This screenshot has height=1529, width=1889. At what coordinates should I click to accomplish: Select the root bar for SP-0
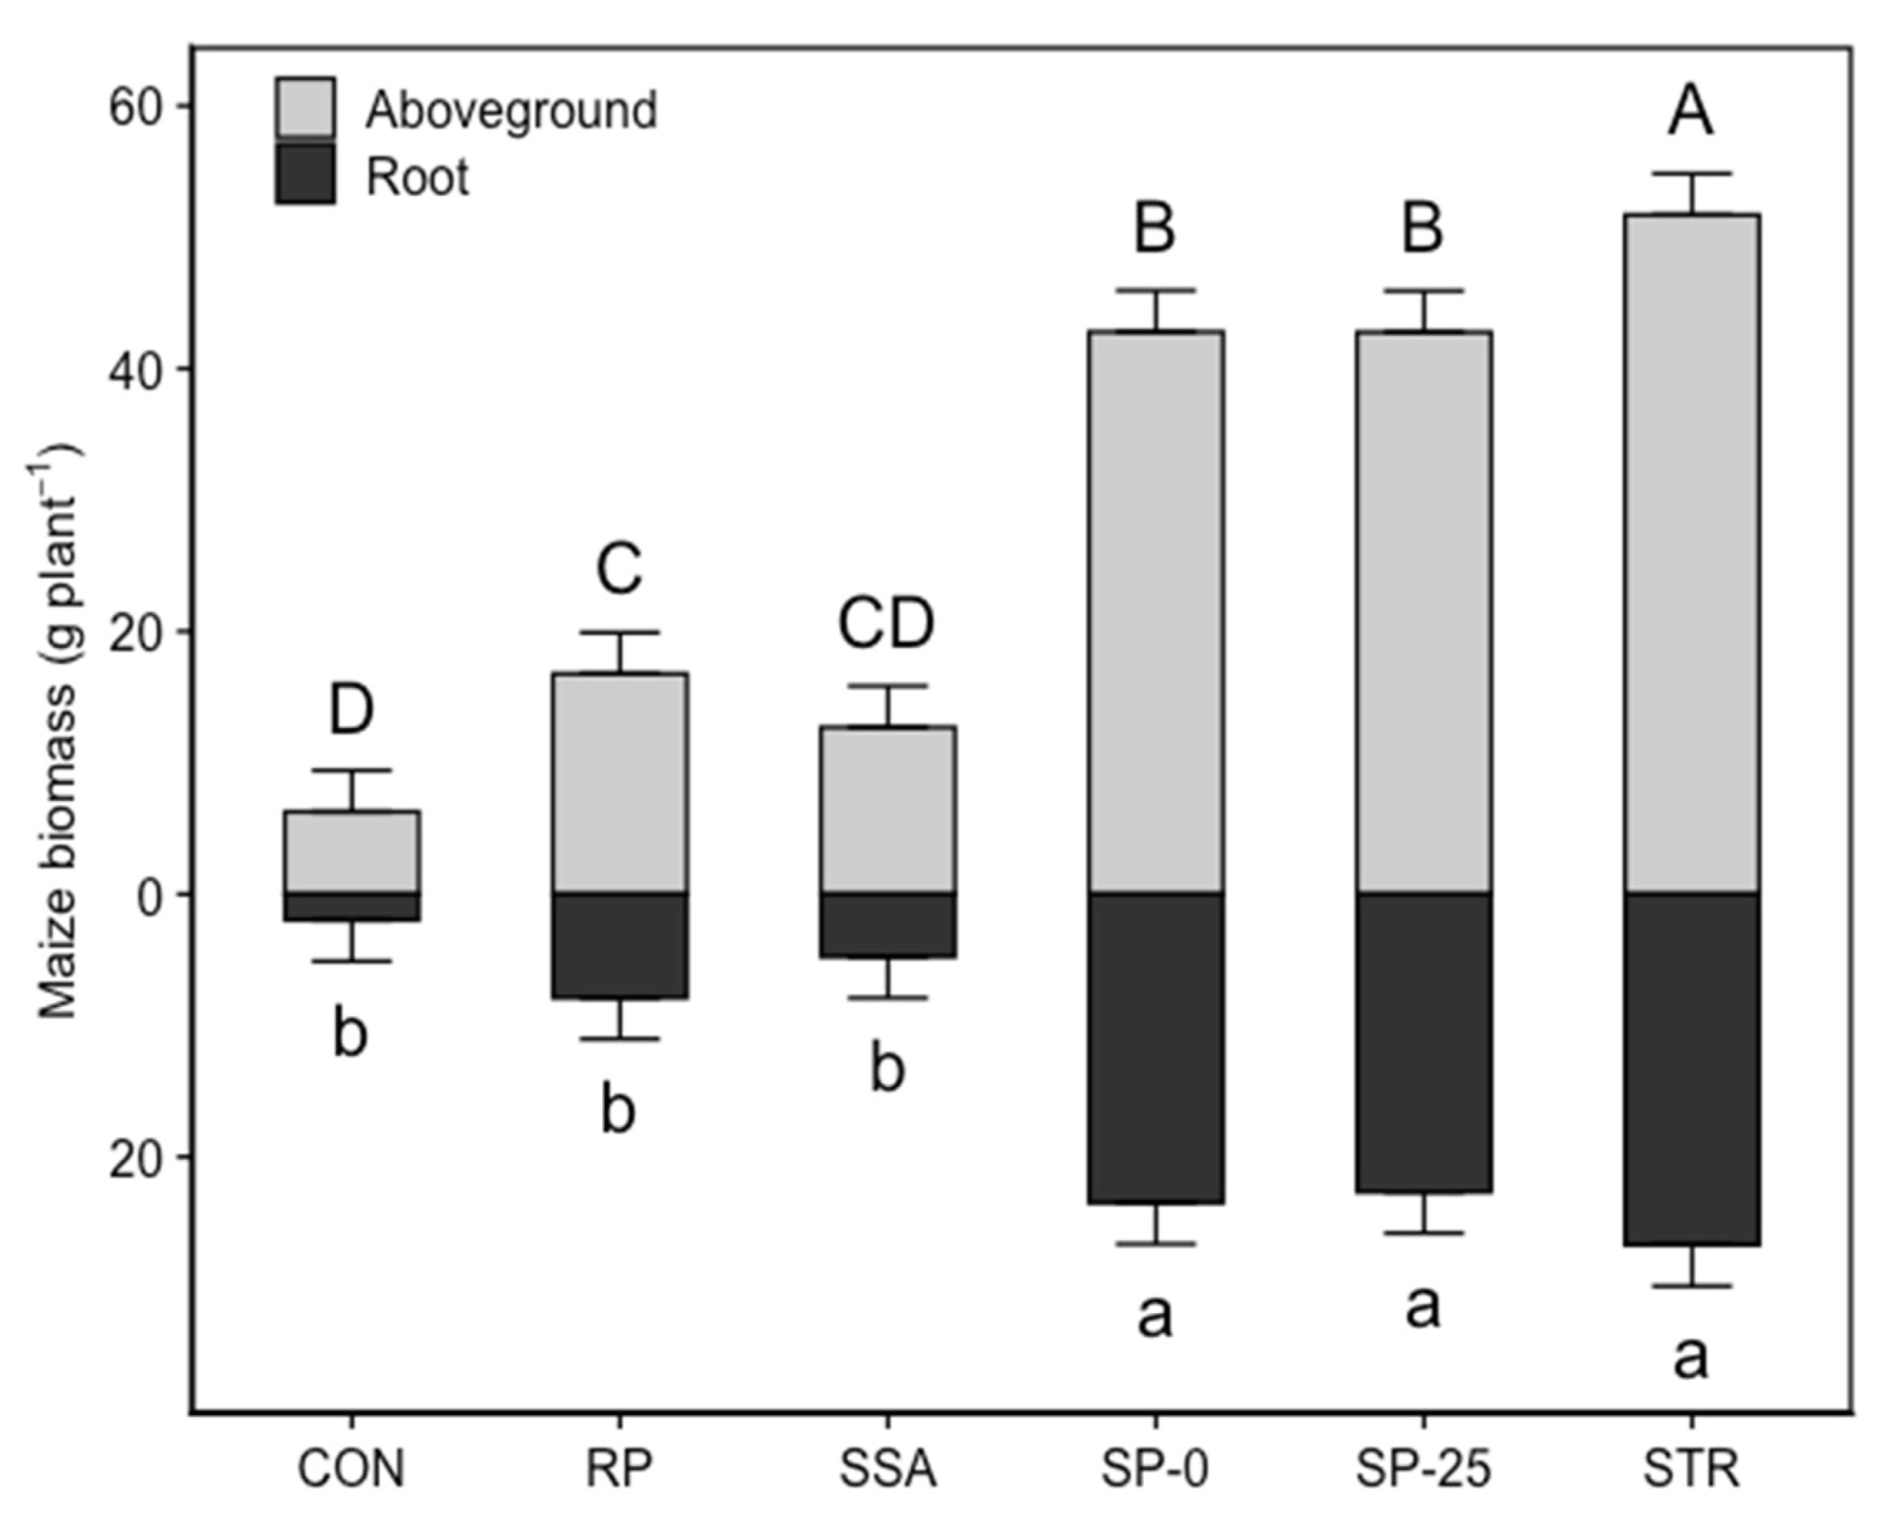click(1155, 1048)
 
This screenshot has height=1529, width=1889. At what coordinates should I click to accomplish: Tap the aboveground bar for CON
click(352, 852)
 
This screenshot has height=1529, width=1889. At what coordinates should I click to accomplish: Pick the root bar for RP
click(619, 945)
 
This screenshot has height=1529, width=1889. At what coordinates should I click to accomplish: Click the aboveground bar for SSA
click(887, 809)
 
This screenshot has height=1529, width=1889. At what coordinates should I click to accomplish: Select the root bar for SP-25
click(1423, 1043)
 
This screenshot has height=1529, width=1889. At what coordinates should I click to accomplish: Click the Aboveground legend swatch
click(305, 107)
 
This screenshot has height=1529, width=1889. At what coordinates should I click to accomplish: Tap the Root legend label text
click(417, 177)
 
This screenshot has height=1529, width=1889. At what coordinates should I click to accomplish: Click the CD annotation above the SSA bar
click(885, 623)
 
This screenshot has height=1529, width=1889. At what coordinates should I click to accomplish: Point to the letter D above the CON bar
click(352, 710)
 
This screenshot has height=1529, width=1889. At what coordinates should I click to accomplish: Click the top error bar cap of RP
click(619, 632)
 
